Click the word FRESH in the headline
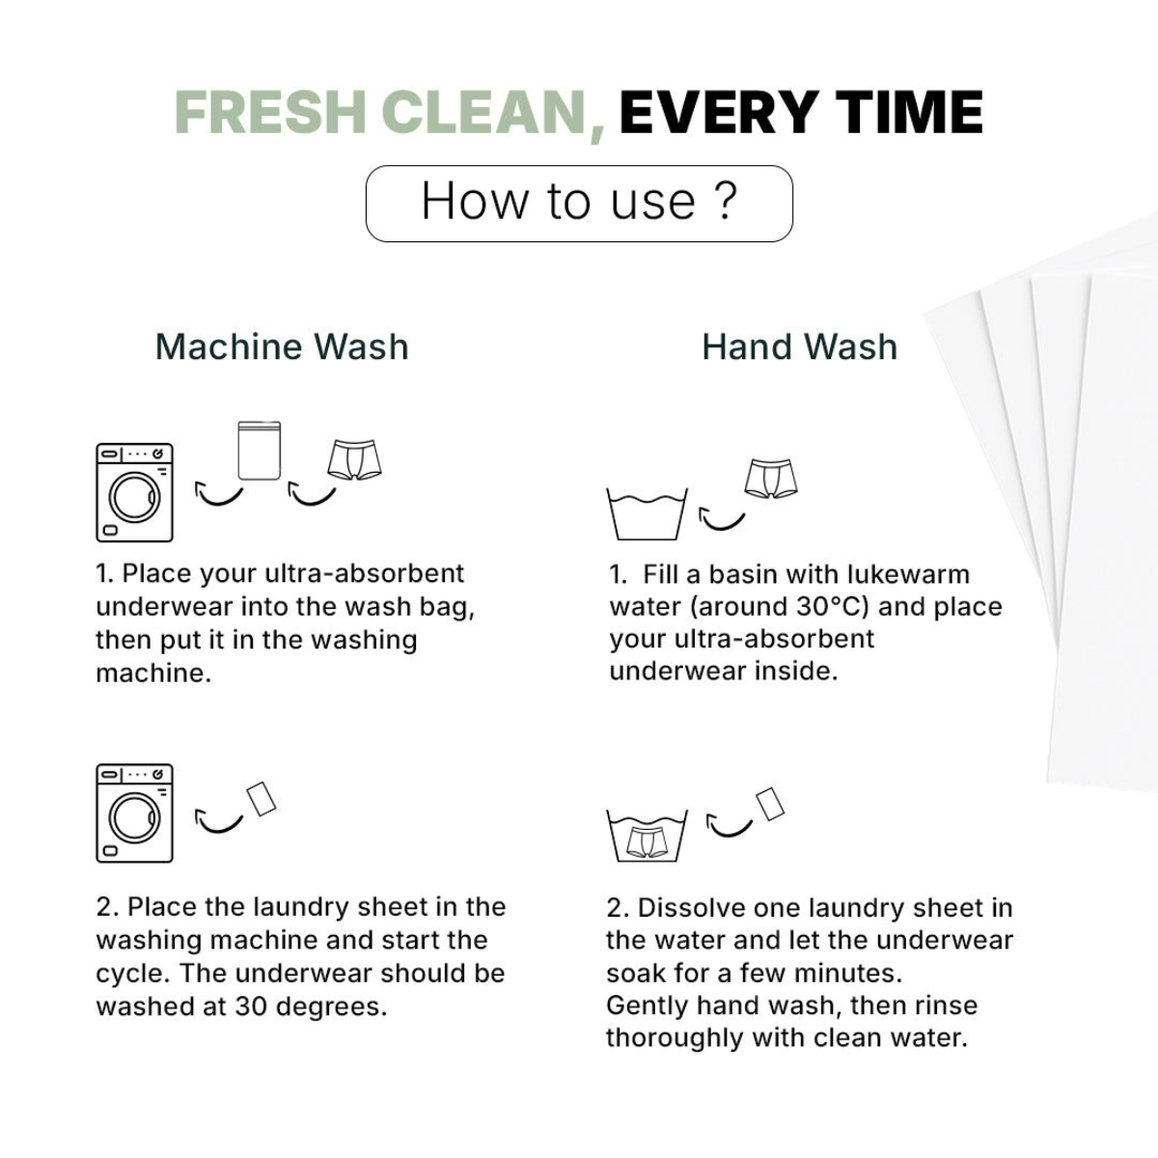270,112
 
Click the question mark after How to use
728,200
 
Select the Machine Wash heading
282,346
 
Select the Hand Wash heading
800,346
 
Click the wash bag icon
259,450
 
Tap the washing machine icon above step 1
134,493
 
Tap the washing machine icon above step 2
134,813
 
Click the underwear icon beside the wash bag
354,459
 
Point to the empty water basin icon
647,514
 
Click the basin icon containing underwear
647,836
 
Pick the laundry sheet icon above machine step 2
262,799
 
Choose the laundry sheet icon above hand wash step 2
770,804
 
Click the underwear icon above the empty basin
771,479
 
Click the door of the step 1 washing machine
134,498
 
